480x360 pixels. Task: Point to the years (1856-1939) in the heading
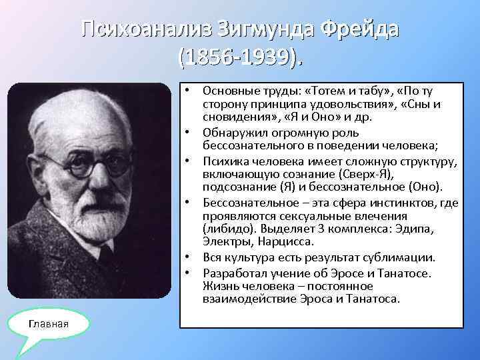(240, 57)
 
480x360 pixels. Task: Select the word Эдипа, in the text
(413, 228)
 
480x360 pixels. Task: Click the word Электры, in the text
(223, 240)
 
